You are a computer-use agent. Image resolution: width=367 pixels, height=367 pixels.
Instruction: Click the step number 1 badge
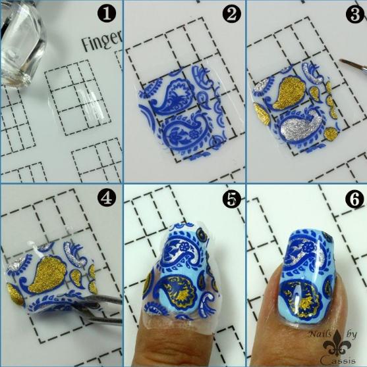click(107, 14)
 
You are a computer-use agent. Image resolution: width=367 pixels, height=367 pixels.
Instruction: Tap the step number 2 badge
click(231, 14)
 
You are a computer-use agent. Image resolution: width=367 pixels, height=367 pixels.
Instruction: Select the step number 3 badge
click(356, 14)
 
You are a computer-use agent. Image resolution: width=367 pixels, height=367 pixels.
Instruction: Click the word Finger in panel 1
click(102, 41)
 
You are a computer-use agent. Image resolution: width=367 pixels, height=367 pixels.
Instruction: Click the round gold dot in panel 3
click(331, 134)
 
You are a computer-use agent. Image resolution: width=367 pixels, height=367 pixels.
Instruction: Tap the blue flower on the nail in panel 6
click(308, 247)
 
